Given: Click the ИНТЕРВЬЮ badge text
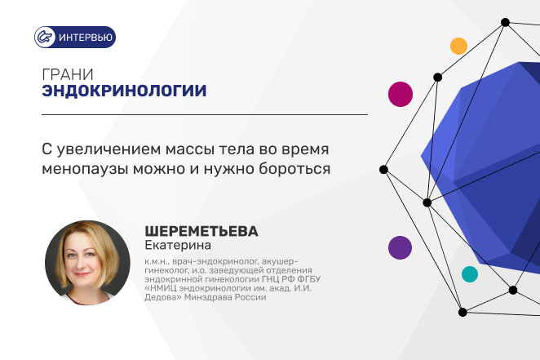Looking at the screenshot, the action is (86, 38).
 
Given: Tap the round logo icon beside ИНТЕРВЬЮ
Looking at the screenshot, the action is (45, 38).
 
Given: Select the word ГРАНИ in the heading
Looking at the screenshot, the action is (68, 74).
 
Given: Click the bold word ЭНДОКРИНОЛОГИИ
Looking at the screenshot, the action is (124, 91).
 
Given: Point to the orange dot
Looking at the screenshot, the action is (458, 47).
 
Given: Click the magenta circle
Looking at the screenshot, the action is (401, 94).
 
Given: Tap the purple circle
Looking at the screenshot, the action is (401, 247).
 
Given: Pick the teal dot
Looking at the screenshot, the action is (470, 274).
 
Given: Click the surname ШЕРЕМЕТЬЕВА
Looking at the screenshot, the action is (201, 232).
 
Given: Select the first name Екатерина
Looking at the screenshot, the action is (178, 245).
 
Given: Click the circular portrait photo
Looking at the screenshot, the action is (87, 263).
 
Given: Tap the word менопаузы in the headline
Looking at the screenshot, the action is (85, 169).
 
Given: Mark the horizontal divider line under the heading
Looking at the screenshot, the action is (205, 114).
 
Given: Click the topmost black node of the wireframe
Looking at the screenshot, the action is (505, 22).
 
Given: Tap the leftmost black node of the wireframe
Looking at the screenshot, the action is (383, 170).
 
